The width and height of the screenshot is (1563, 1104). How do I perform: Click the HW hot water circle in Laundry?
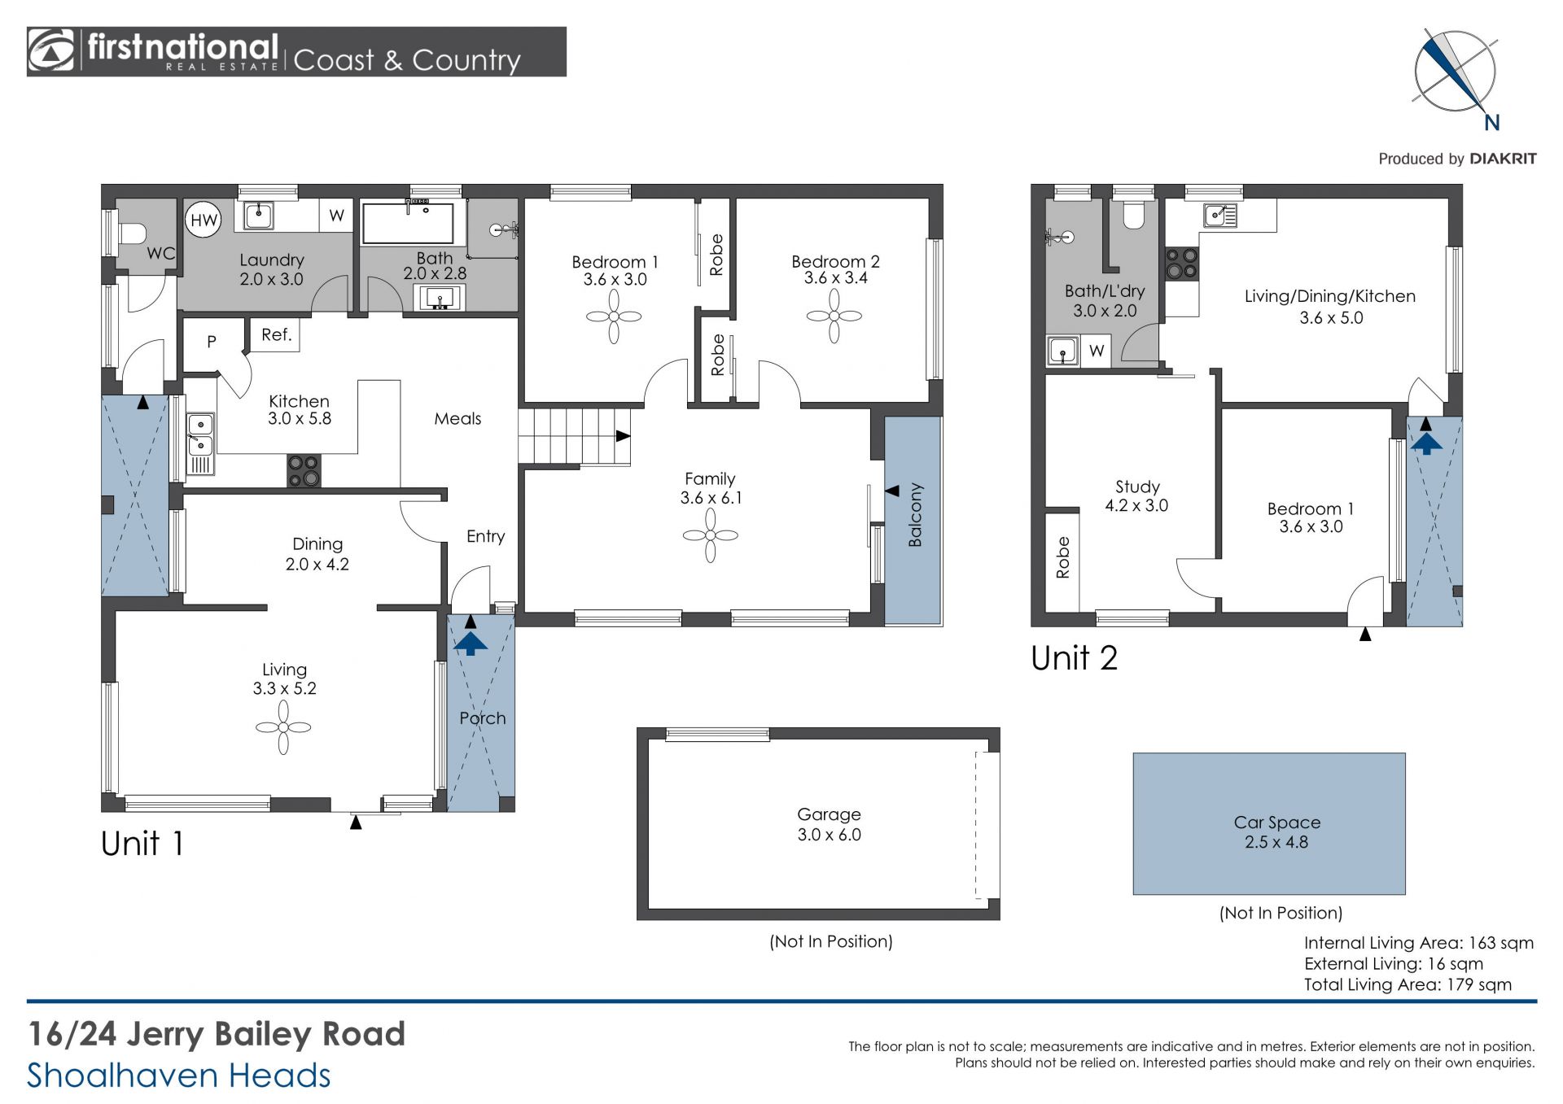(x=204, y=220)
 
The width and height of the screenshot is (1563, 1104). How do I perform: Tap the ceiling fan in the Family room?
(x=711, y=535)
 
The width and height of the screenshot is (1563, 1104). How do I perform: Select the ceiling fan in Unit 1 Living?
(x=283, y=727)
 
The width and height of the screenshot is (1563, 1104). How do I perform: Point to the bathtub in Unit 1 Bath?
(x=407, y=223)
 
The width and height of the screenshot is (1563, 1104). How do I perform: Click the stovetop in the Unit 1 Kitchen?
(x=304, y=471)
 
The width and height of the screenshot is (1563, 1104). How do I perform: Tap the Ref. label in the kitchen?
(x=277, y=334)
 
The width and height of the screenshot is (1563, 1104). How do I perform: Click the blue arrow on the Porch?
(x=471, y=644)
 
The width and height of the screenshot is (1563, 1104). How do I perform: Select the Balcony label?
(x=915, y=514)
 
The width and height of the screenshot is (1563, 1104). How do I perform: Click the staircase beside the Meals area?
(x=575, y=437)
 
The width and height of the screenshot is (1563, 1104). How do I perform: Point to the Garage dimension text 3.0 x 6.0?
(x=829, y=835)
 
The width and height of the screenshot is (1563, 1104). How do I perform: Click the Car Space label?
(x=1276, y=823)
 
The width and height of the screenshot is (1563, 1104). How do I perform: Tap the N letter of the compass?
(x=1491, y=123)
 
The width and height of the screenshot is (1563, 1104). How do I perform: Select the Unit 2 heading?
(x=1074, y=658)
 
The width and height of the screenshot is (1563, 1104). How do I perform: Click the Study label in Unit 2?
(x=1137, y=487)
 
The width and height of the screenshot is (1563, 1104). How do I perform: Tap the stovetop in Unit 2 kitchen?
(x=1181, y=264)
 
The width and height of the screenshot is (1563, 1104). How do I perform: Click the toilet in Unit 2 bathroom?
(x=1133, y=214)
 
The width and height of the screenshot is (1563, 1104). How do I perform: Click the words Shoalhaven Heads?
(x=179, y=1076)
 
